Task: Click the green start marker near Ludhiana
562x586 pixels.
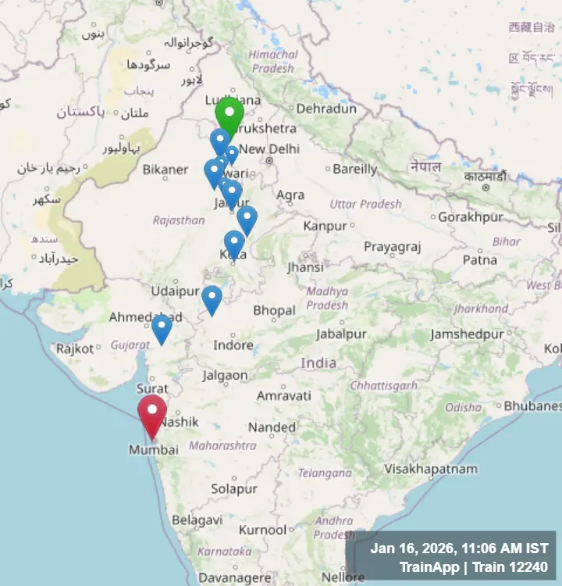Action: (229, 116)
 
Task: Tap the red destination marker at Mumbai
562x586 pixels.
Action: (152, 413)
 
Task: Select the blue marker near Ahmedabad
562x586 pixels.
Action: (162, 327)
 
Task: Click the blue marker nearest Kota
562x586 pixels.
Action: (234, 242)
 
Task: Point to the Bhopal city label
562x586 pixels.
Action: (274, 311)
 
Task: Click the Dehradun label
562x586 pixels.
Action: (326, 109)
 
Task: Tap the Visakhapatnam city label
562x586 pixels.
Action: (430, 469)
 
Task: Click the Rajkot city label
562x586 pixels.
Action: (75, 348)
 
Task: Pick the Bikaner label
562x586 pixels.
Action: (165, 169)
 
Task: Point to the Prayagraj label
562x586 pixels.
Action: (392, 247)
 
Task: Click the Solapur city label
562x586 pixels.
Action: (233, 489)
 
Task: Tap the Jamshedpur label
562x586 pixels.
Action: (467, 334)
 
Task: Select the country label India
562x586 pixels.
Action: (318, 363)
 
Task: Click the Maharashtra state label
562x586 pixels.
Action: (222, 445)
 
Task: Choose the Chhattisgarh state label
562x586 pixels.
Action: (385, 385)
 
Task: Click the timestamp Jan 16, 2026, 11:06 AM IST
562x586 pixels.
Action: (459, 548)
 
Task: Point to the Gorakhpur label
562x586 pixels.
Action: (470, 217)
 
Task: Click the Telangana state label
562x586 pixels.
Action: (325, 473)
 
